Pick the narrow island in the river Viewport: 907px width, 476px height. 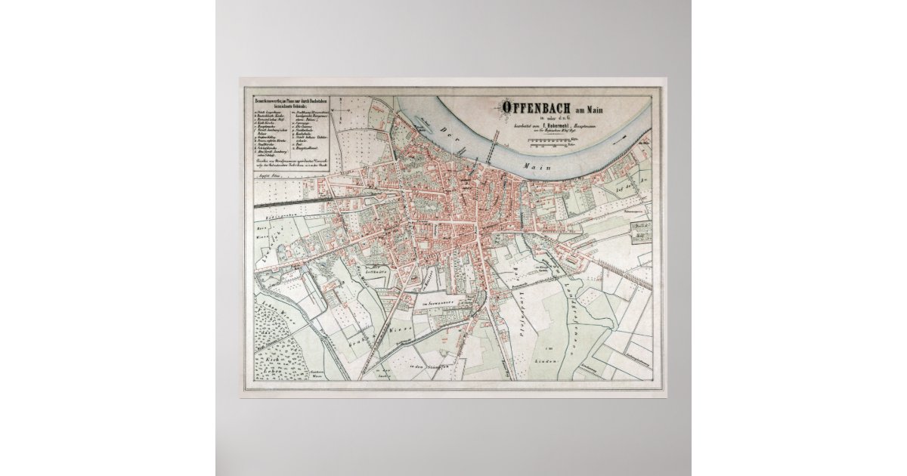(x=424, y=121)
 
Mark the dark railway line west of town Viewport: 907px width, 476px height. (x=295, y=202)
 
